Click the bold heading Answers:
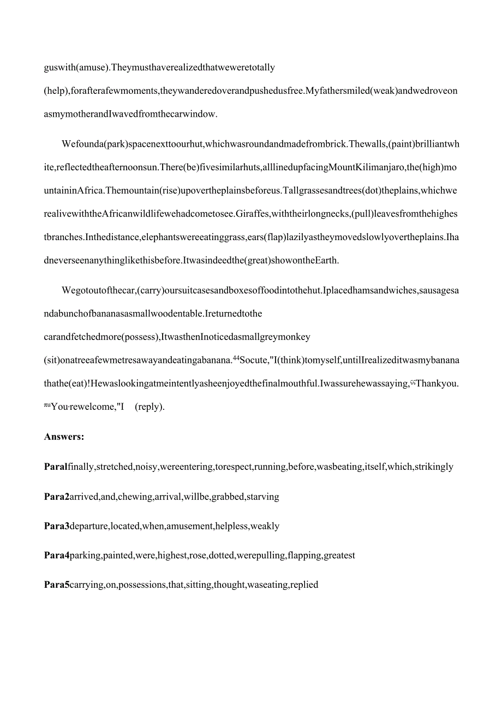pyautogui.click(x=64, y=437)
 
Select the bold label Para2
pyautogui.click(x=57, y=497)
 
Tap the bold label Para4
pyautogui.click(x=57, y=556)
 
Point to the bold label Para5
pyautogui.click(x=57, y=585)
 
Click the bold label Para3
pyautogui.click(x=57, y=526)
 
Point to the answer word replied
pyautogui.click(x=304, y=585)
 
